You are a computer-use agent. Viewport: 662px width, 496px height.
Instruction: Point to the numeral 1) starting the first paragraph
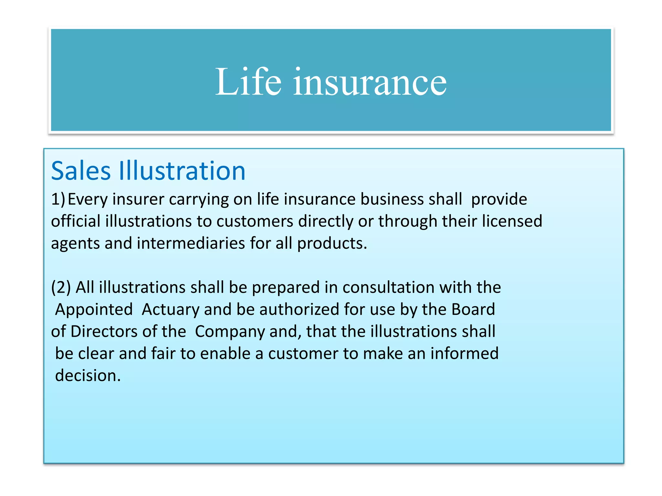pyautogui.click(x=58, y=199)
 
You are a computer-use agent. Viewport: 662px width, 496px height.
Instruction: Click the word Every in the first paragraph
pyautogui.click(x=88, y=200)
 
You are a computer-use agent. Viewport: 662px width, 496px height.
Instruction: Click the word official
pyautogui.click(x=76, y=222)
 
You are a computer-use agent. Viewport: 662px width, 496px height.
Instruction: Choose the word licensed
pyautogui.click(x=512, y=222)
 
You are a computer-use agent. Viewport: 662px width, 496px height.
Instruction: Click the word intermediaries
pyautogui.click(x=191, y=243)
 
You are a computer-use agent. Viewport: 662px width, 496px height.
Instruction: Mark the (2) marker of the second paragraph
pyautogui.click(x=61, y=287)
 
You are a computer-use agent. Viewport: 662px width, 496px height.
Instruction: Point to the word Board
pyautogui.click(x=473, y=309)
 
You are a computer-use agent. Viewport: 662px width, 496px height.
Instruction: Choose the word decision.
pyautogui.click(x=88, y=376)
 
